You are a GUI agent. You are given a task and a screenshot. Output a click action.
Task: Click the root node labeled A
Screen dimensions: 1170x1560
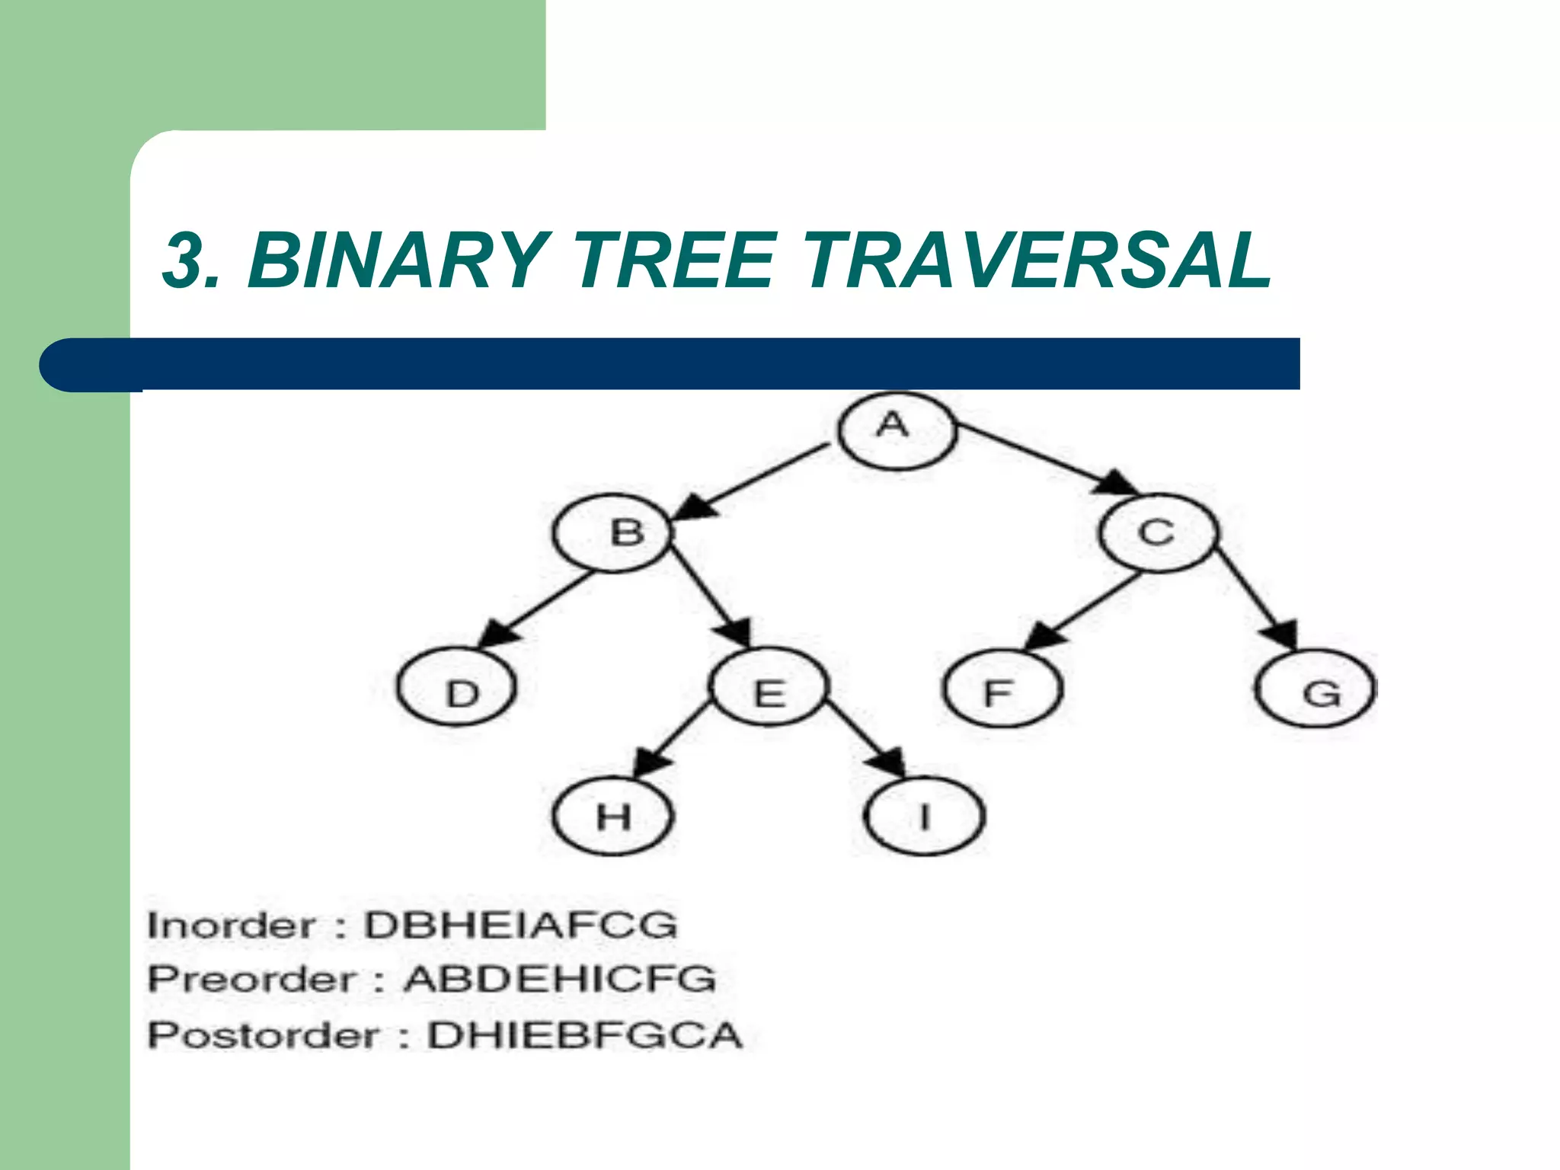896,430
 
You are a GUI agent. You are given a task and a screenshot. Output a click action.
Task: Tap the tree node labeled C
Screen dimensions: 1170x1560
1158,532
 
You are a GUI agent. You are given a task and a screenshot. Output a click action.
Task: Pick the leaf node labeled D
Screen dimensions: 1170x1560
457,687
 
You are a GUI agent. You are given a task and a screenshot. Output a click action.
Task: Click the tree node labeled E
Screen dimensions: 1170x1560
769,687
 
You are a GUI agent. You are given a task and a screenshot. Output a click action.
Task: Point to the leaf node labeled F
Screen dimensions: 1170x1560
1002,689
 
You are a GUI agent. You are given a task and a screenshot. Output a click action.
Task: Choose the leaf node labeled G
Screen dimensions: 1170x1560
1315,689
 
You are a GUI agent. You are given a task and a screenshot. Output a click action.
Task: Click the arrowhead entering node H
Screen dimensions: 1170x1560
650,762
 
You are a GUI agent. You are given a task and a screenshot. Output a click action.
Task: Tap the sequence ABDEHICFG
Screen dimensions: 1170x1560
560,980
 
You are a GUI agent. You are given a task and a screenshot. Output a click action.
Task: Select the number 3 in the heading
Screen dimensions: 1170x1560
187,261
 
